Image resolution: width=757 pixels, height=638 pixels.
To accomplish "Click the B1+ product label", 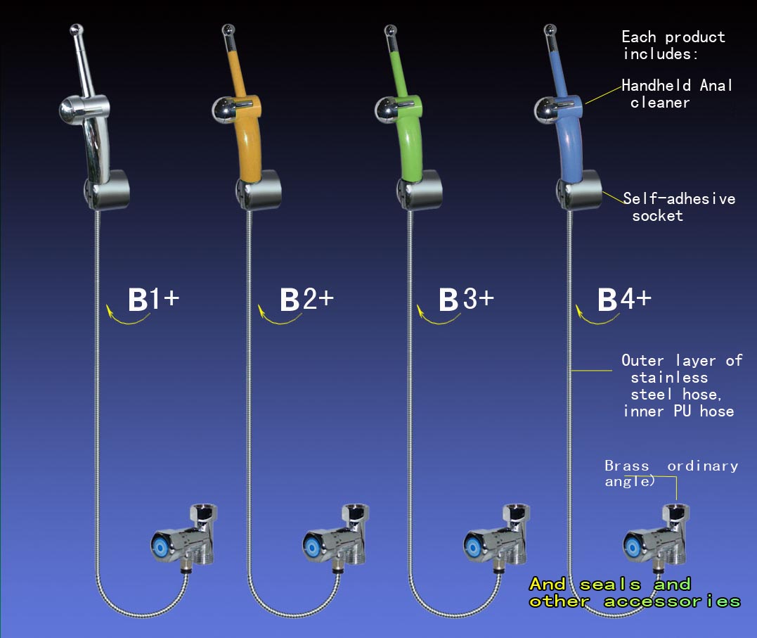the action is click(153, 299).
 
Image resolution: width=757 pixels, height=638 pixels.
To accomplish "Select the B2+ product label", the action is click(306, 299).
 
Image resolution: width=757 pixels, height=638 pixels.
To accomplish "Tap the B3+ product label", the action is click(466, 299).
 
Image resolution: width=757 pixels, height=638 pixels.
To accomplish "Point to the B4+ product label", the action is click(624, 299).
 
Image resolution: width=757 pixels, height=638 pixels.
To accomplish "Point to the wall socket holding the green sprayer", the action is click(420, 190).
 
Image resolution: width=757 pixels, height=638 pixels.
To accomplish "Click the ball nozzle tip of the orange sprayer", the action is click(229, 30).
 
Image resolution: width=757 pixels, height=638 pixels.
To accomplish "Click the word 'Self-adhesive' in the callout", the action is click(679, 198).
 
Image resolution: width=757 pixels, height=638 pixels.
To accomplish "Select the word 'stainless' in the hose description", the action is click(669, 378).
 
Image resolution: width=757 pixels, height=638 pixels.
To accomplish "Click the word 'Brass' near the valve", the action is click(627, 466).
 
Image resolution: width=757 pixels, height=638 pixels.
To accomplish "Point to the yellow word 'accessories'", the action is click(672, 601).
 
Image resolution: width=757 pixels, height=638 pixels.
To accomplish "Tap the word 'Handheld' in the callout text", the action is click(656, 86).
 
